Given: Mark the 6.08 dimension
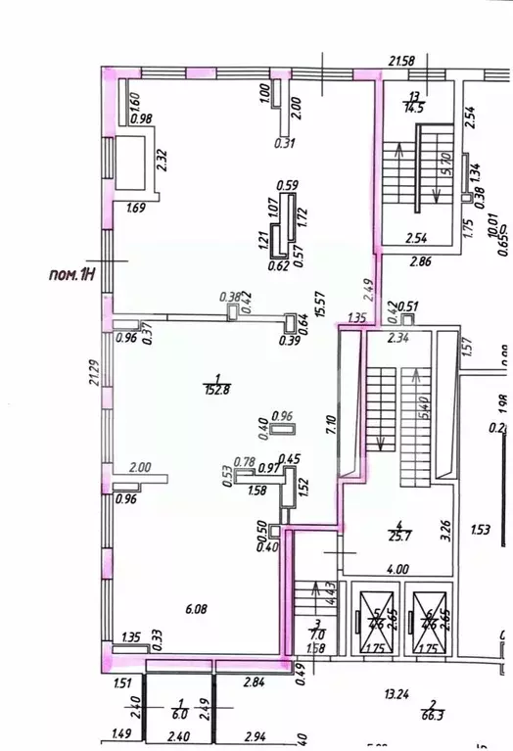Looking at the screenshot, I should (197, 607).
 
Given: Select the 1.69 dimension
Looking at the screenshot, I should (136, 207).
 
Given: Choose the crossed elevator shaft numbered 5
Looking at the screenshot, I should (374, 620).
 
